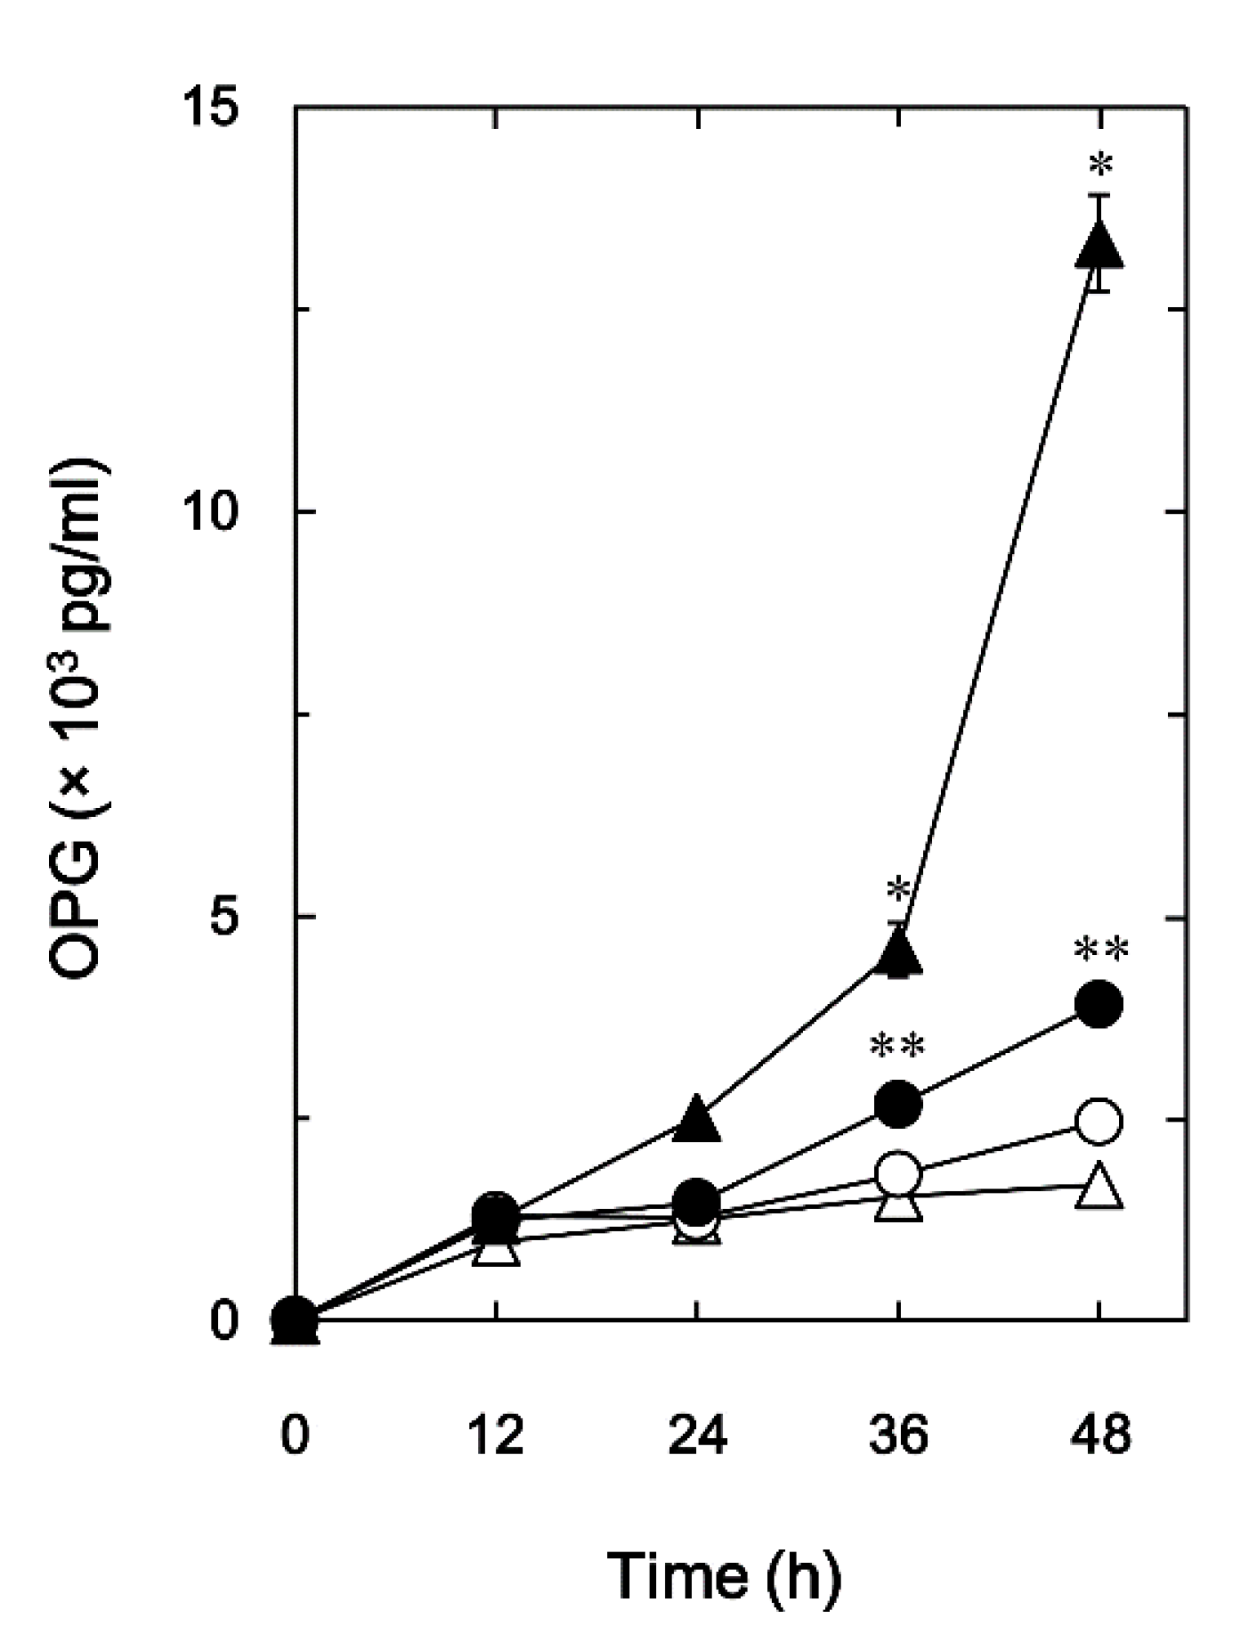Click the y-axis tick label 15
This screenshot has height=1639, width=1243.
[x=218, y=108]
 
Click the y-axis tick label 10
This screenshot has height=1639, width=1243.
[x=216, y=513]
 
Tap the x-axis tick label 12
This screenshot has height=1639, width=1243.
[x=495, y=1435]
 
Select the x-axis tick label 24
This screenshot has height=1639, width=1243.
[x=697, y=1435]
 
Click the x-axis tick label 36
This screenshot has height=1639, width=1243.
[x=898, y=1435]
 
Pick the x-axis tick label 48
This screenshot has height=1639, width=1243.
[x=1099, y=1435]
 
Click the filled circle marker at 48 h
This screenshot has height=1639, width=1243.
[x=1099, y=1004]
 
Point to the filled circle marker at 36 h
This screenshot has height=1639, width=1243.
[x=898, y=1104]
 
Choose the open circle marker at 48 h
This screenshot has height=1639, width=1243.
[x=1099, y=1121]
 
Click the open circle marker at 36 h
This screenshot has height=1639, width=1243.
[x=898, y=1173]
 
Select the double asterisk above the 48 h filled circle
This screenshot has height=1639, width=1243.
[x=1100, y=949]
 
